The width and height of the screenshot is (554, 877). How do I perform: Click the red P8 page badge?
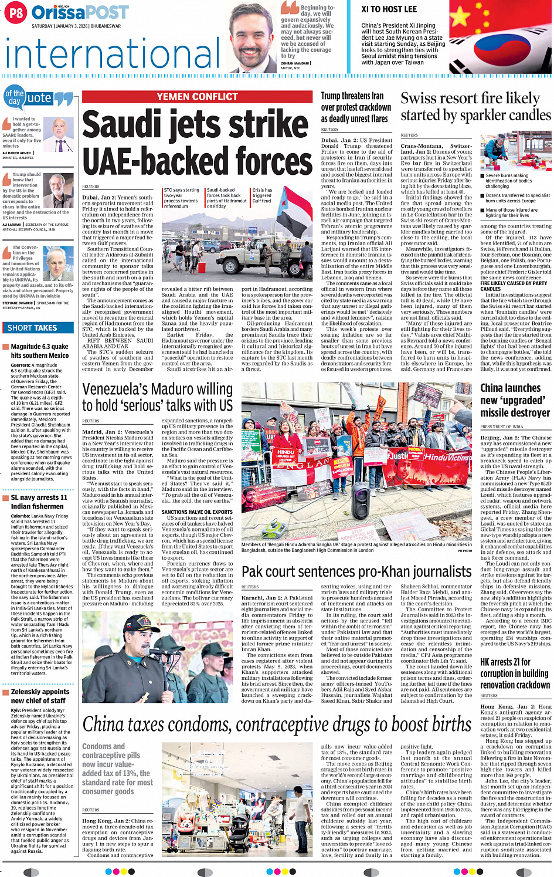15,13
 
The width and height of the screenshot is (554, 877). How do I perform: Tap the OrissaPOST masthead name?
80,12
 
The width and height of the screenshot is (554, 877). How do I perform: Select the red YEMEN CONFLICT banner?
197,97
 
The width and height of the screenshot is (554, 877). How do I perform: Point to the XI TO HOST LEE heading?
389,9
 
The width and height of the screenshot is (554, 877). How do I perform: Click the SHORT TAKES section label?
32,328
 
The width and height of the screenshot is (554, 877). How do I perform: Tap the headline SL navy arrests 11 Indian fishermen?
39,502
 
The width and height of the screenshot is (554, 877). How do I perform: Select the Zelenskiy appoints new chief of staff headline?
40,696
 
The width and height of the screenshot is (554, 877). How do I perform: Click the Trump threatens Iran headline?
356,107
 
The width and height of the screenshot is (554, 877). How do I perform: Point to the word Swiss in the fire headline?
419,99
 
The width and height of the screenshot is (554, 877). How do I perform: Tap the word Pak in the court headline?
253,571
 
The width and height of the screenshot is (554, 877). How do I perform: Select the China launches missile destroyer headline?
515,400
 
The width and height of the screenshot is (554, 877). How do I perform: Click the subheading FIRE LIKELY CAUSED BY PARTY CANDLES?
514,286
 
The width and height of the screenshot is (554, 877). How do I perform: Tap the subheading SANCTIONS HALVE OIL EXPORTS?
197,512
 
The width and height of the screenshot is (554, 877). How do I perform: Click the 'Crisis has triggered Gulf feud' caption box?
262,195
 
